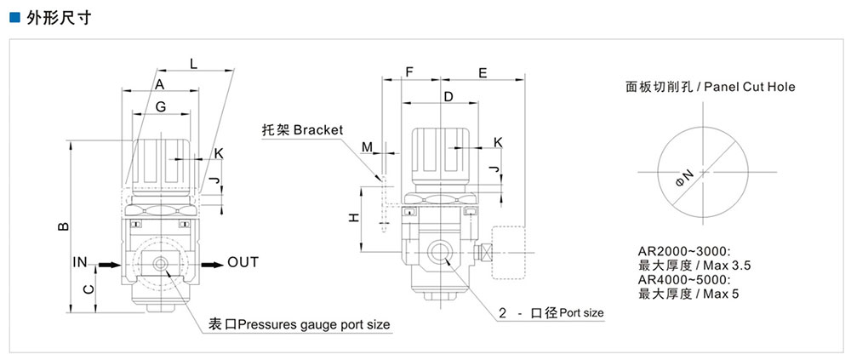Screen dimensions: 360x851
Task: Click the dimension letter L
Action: [193, 63]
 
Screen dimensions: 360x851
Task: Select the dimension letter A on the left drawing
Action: [159, 83]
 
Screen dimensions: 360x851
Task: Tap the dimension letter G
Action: [160, 106]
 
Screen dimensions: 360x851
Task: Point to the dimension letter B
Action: [62, 226]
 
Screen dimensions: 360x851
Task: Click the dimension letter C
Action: [87, 289]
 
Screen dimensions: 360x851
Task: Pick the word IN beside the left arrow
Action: [80, 262]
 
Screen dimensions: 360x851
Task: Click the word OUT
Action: [243, 262]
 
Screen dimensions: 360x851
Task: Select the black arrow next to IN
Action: [107, 265]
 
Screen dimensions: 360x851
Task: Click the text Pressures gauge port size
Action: [315, 324]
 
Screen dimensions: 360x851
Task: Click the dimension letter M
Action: [367, 147]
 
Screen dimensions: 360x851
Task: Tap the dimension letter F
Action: [409, 73]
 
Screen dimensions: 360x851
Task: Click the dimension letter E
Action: [483, 73]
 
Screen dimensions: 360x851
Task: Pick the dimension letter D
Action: [448, 97]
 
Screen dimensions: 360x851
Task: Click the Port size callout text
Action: [581, 313]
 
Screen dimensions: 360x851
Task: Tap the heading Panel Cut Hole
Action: [750, 86]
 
